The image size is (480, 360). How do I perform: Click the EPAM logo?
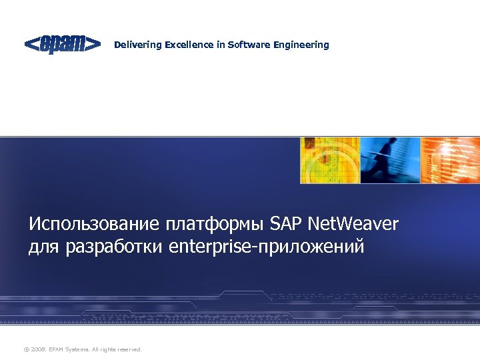[63, 45]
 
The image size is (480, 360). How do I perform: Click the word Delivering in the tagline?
[138, 45]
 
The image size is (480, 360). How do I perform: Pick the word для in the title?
[44, 247]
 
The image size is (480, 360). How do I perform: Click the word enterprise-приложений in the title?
[267, 247]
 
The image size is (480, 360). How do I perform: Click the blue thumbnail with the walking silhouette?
[390, 160]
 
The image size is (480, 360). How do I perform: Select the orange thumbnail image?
[451, 160]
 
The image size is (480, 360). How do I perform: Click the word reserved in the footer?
[129, 349]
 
